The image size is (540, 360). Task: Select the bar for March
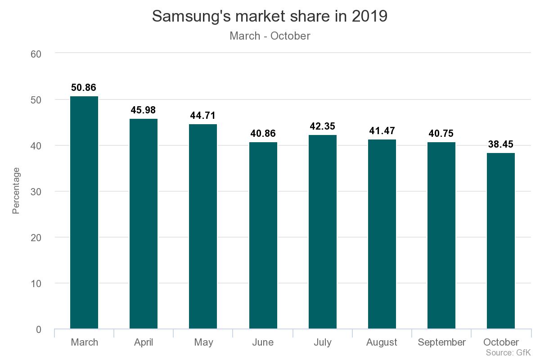pos(84,212)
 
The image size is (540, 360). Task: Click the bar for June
pos(263,235)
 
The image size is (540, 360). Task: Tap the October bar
pos(501,241)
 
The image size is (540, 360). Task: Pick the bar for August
pos(382,234)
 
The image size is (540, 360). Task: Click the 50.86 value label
pos(84,88)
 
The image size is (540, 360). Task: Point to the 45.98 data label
pos(143,110)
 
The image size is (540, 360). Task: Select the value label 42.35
pos(323,126)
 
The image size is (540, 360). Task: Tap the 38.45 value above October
pos(501,144)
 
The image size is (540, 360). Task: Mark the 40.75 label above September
pos(441,134)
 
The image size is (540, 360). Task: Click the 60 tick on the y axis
pos(36,54)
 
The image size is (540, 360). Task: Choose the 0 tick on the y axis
pos(38,330)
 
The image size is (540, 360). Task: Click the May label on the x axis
pos(203,342)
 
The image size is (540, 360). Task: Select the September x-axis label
pos(441,342)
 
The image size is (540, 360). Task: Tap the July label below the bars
pos(322,342)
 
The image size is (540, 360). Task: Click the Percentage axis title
pos(16,191)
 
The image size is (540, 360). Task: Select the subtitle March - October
pos(270,36)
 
